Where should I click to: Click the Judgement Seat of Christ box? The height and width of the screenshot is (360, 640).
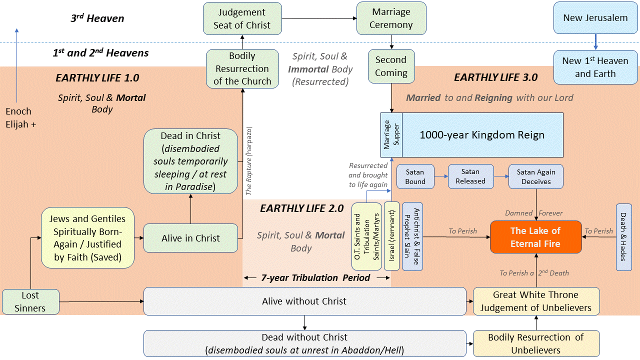click(242, 18)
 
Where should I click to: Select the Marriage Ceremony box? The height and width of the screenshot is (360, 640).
click(391, 18)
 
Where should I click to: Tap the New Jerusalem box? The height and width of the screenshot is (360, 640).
click(595, 18)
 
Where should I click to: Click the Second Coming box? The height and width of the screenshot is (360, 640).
click(391, 66)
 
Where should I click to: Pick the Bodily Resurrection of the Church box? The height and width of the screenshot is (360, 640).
click(242, 69)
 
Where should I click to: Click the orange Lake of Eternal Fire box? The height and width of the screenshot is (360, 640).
click(535, 237)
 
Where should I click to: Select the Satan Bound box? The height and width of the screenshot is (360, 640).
click(415, 176)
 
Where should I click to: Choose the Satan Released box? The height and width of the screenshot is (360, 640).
click(470, 176)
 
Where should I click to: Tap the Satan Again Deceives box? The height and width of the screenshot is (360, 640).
click(535, 176)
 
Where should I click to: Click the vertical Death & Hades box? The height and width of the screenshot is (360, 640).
click(623, 237)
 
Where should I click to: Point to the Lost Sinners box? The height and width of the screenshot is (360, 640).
click(30, 301)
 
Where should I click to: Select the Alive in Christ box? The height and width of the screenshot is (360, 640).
click(190, 238)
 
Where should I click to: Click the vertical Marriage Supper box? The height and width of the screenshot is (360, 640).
click(391, 134)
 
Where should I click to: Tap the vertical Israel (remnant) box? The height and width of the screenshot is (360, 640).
click(391, 236)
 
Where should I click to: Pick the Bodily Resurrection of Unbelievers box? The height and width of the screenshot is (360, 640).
click(535, 343)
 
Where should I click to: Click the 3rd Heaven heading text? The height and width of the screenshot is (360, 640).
click(97, 19)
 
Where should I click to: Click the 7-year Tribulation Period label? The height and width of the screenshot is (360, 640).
click(315, 277)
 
